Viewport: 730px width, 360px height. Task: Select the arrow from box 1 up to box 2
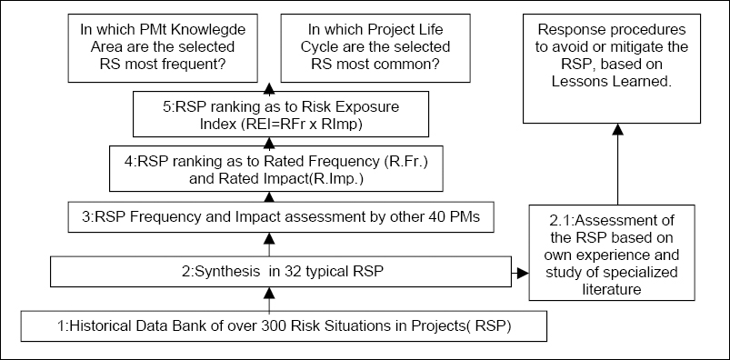pos(269,297)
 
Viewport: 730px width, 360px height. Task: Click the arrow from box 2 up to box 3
pos(269,243)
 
